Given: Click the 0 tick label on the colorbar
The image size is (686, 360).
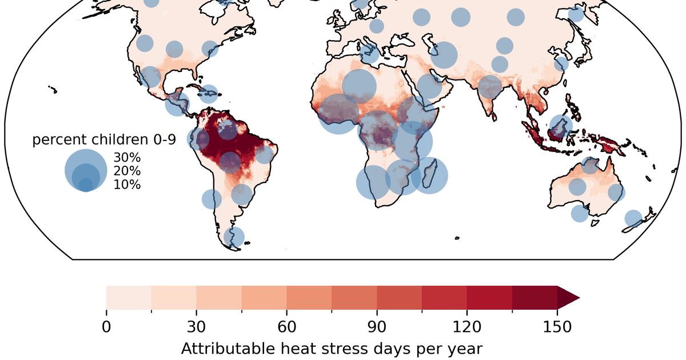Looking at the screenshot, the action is (106, 327).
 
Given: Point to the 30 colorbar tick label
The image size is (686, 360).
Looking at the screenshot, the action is (196, 327).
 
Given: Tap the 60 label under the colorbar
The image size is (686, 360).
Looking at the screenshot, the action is (286, 327).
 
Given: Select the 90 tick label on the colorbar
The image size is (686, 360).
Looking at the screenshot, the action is (377, 327).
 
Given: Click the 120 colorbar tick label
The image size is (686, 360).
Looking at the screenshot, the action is (466, 327).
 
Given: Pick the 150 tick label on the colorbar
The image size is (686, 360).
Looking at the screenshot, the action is (557, 327).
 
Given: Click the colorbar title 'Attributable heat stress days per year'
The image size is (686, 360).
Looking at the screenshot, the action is (332, 349).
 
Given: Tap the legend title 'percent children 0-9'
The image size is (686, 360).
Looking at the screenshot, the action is (104, 139).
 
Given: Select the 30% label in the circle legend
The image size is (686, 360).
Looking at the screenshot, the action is (127, 157).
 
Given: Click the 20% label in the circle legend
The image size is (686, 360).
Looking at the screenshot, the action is (127, 171).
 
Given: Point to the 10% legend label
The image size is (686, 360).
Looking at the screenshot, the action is (127, 185).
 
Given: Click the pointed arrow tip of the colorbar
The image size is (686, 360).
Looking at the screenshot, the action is (580, 298).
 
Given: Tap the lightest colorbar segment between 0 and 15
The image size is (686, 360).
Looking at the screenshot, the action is (129, 298).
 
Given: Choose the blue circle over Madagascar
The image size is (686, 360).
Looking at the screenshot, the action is (429, 175).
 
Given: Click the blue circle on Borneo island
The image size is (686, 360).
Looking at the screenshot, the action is (561, 126).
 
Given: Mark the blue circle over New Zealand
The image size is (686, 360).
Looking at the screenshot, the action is (633, 218).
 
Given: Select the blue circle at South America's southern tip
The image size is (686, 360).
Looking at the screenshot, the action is (234, 237).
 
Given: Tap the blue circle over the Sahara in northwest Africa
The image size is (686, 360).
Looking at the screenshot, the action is (359, 86).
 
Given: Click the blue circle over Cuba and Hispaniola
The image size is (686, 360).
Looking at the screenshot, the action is (209, 94).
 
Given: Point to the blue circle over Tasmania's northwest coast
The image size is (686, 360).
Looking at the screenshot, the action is (580, 213).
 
